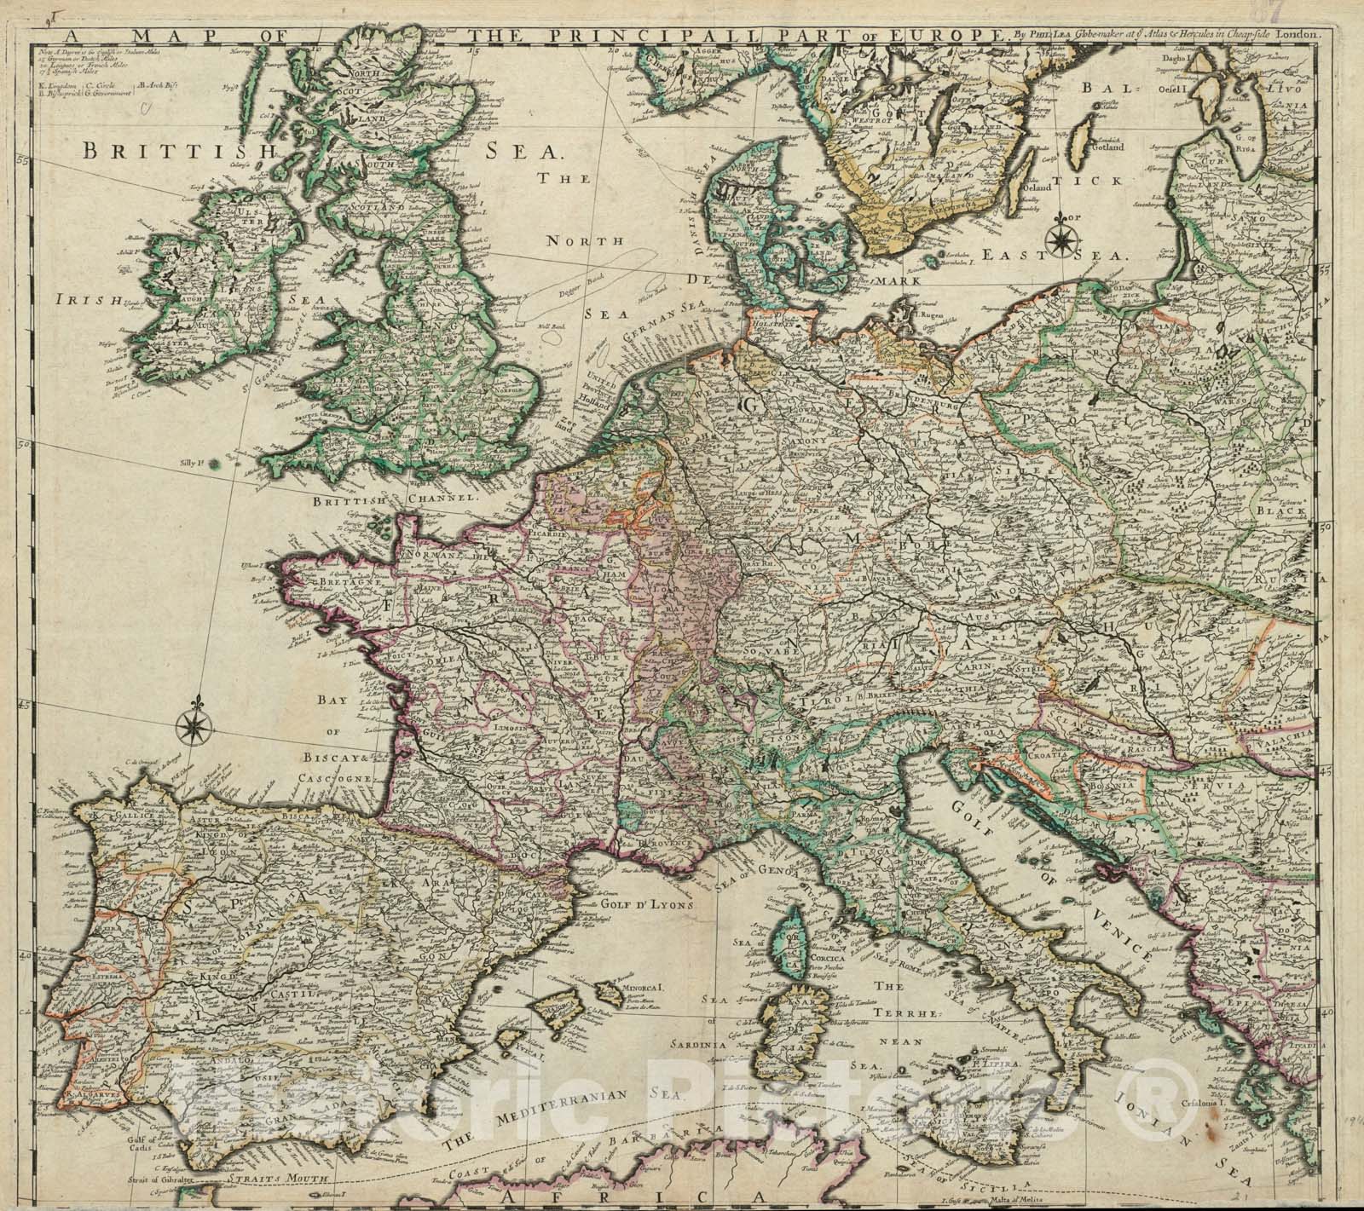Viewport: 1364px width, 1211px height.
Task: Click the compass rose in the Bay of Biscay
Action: pyautogui.click(x=195, y=726)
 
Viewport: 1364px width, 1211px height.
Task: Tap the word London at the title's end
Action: pyautogui.click(x=1298, y=12)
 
